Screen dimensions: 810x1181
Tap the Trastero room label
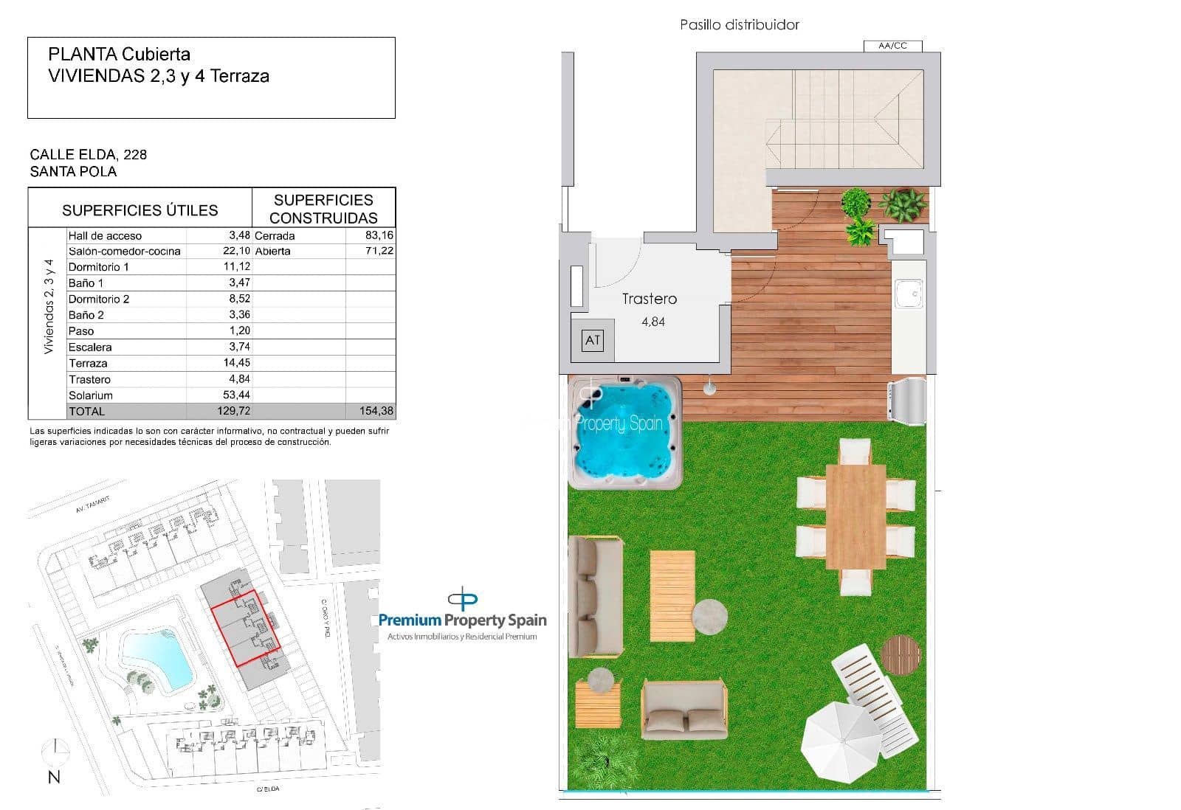(x=649, y=299)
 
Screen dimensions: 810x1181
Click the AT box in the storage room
(x=592, y=340)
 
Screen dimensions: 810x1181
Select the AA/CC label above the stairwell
(x=892, y=46)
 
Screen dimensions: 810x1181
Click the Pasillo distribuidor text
(x=739, y=25)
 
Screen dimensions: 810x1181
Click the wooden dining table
(x=855, y=516)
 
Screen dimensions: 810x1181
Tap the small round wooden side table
(x=901, y=654)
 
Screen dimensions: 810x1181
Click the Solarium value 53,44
(x=236, y=395)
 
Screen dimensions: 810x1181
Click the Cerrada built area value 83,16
(x=379, y=235)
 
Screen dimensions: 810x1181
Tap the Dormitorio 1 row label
(x=98, y=267)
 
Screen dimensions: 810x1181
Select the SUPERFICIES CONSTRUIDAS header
(x=323, y=209)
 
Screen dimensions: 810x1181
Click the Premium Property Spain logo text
(x=462, y=620)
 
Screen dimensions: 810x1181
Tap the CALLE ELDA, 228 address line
(x=89, y=154)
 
